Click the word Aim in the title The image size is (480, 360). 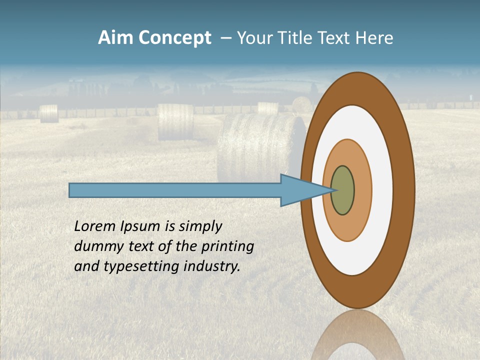tap(115, 38)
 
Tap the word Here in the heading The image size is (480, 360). tap(374, 38)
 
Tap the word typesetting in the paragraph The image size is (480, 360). tap(141, 266)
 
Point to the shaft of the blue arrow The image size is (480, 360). tap(175, 190)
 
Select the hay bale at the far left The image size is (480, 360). tap(49, 113)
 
